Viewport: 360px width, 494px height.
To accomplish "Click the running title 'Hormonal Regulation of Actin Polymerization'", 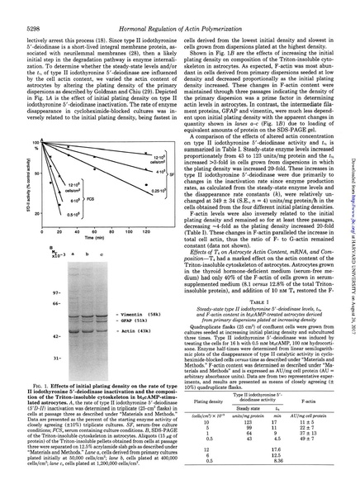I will [x=173, y=9].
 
